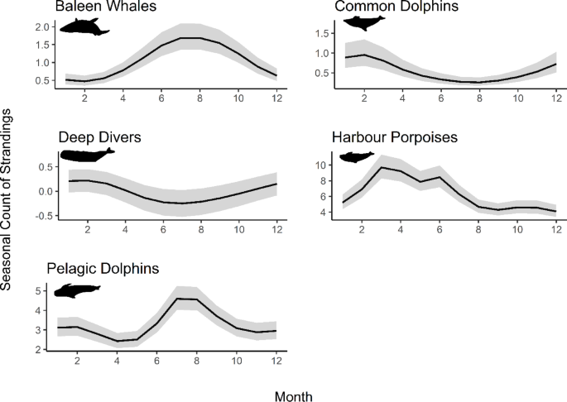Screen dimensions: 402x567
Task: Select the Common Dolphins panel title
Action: click(386, 8)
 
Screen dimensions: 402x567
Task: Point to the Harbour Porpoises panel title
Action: click(389, 136)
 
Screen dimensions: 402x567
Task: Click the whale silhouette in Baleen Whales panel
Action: click(84, 28)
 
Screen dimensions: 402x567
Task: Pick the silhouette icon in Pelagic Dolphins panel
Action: click(77, 290)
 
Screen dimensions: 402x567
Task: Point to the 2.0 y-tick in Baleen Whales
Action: click(41, 27)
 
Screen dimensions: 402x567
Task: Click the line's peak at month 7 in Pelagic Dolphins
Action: click(176, 299)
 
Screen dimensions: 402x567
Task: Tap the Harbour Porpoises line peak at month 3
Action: click(382, 167)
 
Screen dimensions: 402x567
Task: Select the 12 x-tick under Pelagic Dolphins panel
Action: click(275, 361)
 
